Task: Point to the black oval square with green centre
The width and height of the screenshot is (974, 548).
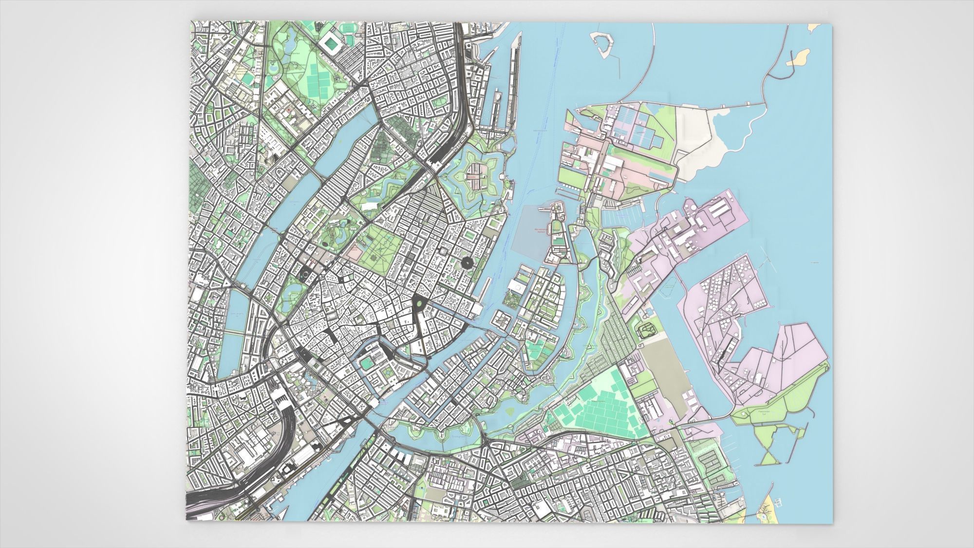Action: [x=418, y=304]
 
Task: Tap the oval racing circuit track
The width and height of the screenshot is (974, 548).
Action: [x=647, y=330]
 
